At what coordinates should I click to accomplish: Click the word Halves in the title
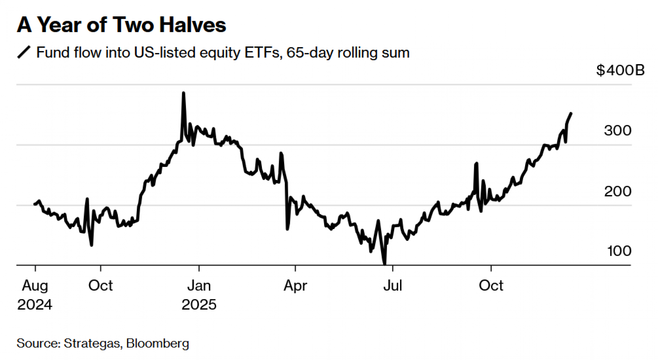193,25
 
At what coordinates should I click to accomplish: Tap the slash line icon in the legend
24,52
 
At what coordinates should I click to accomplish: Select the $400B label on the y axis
620,70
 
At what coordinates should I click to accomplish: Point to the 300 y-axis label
618,131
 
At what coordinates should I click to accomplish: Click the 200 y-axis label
618,191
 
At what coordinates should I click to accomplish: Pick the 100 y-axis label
619,251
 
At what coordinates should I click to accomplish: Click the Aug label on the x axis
35,286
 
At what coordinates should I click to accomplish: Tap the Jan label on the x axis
199,286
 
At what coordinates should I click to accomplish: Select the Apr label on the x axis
295,286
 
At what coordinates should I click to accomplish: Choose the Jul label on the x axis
392,286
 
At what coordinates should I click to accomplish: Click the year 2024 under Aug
35,305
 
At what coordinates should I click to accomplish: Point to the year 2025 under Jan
199,305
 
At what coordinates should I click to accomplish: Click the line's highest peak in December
183,93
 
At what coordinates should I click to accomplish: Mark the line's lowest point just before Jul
385,264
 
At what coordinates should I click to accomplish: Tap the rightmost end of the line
571,114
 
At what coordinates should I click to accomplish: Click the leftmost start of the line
35,204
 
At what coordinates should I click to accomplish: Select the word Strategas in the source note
92,343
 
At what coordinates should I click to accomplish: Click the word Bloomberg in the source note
158,343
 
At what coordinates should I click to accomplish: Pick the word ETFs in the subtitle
263,53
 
